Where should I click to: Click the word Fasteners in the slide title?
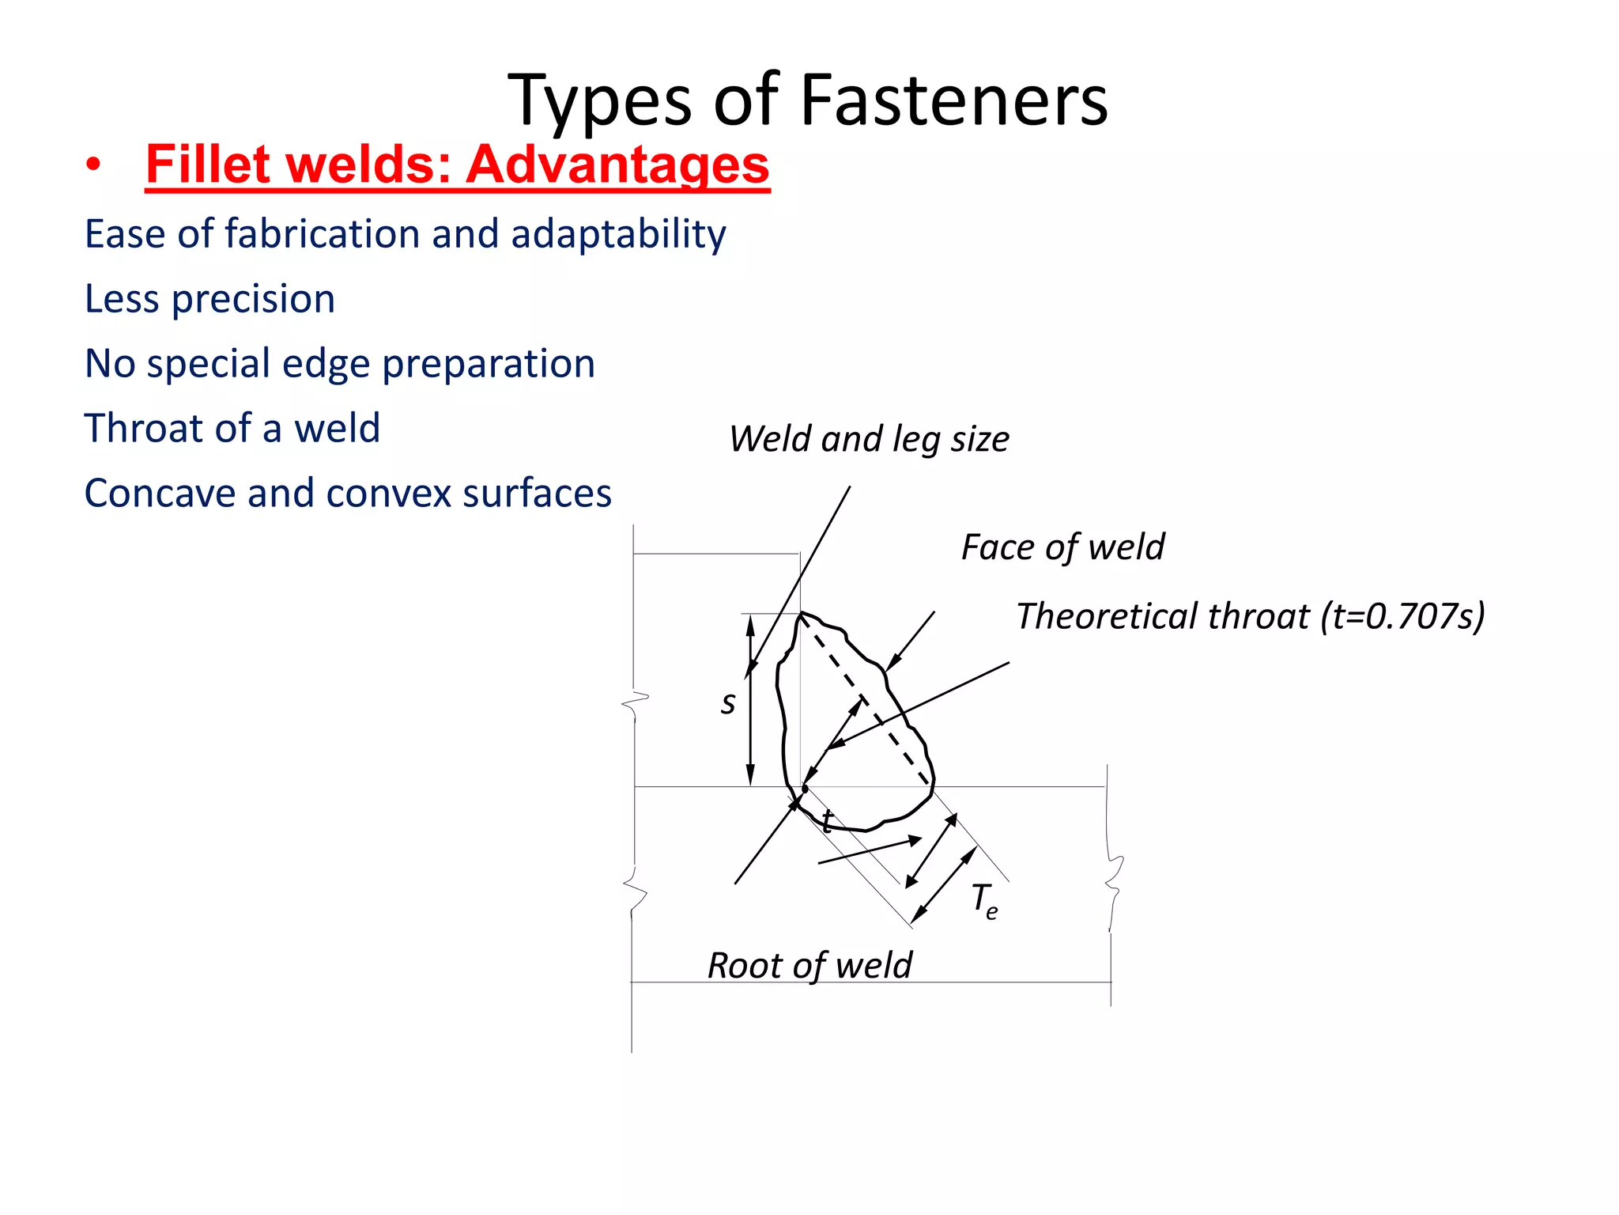pos(953,100)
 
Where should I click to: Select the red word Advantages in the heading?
pos(617,165)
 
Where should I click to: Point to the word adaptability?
pos(618,236)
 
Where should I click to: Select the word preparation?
pos(488,365)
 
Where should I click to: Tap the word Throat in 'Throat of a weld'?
pos(145,428)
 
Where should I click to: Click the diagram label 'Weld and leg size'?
pos(868,439)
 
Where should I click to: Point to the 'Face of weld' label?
pos(1062,547)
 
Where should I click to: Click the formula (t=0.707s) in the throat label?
pos(1402,616)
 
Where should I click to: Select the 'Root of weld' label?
pos(809,965)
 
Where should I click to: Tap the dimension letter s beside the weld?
pos(728,702)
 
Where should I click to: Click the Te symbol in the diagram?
pos(985,900)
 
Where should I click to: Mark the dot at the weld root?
pos(805,789)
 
